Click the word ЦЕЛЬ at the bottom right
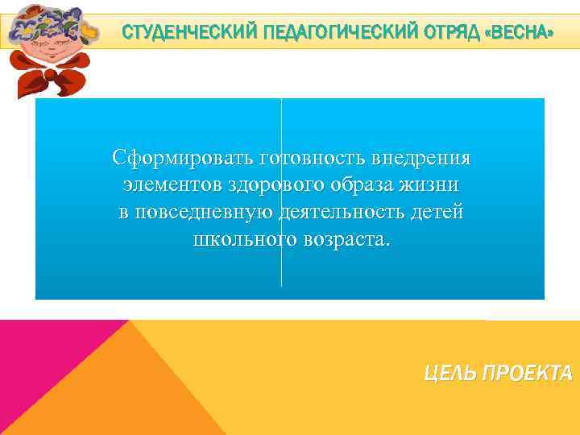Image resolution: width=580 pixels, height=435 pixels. [x=452, y=373]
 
